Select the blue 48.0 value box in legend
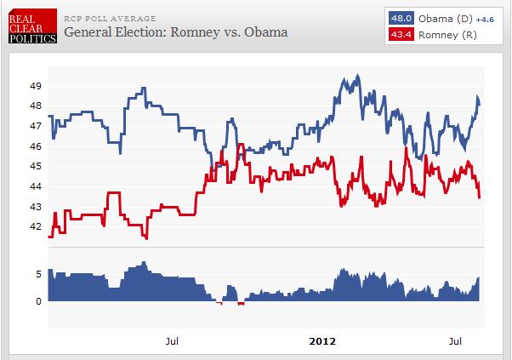(401, 18)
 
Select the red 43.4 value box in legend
(401, 33)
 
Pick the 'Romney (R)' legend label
(445, 33)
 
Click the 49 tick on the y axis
(35, 86)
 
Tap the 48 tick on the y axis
(35, 106)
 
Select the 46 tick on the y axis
(35, 146)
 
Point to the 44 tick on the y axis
(35, 186)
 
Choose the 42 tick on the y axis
(35, 227)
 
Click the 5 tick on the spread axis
(39, 274)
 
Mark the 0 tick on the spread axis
(39, 301)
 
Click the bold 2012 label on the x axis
(321, 341)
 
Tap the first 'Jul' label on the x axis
(172, 341)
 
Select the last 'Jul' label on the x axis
(457, 341)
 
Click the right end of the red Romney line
(481, 197)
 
